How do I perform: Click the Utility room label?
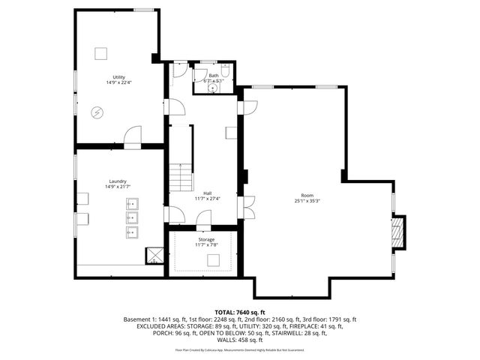click(118, 77)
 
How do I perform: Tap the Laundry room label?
click(117, 181)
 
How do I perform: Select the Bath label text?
click(214, 75)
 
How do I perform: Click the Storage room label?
click(206, 239)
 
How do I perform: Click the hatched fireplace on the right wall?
click(399, 232)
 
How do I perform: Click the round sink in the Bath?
click(213, 86)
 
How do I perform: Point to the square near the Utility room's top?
click(100, 53)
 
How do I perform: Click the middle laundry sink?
click(133, 217)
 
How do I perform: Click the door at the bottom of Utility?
click(132, 137)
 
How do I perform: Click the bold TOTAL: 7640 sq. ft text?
click(240, 311)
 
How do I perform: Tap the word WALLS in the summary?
click(217, 341)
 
